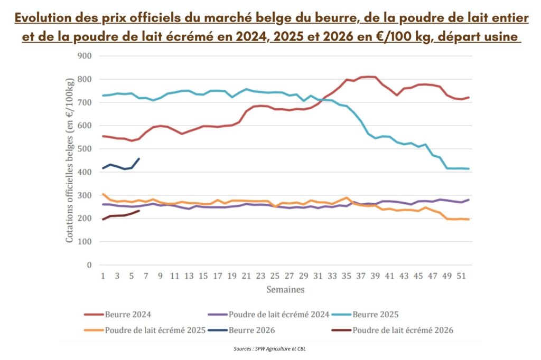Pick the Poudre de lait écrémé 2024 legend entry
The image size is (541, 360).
[x=273, y=315]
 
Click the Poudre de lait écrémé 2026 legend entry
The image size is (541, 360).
[x=396, y=330]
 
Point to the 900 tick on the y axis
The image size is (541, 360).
[x=85, y=56]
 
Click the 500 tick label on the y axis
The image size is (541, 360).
[x=85, y=149]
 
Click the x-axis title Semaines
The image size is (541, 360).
[x=285, y=290]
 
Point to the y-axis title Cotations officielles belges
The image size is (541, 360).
[x=70, y=160]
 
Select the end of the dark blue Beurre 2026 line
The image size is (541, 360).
[x=139, y=158]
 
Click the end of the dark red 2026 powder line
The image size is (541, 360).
[x=139, y=211]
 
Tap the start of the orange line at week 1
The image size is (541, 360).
[x=103, y=194]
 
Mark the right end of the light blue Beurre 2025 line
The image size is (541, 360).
[x=469, y=169]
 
